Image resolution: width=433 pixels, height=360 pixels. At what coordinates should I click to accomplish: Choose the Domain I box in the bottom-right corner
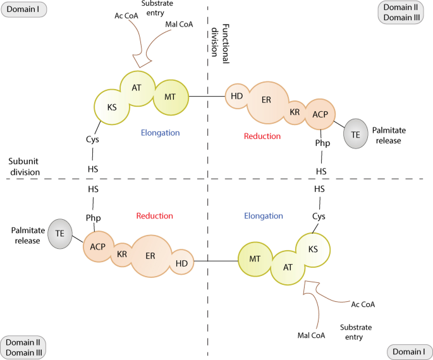408,349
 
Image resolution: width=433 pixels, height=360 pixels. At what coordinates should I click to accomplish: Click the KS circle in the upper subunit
113,107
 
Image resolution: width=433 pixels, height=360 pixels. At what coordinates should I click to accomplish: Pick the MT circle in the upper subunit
171,96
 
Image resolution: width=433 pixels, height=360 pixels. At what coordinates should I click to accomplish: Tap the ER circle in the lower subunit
150,255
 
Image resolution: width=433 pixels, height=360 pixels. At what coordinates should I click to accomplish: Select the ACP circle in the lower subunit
98,246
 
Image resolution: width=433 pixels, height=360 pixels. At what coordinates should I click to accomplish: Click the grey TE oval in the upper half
355,134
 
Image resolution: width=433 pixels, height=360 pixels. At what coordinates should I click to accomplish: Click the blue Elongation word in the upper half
161,133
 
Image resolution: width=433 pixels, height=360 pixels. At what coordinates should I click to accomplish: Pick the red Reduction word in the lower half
154,216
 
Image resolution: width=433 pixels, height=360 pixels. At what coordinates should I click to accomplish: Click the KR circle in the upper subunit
295,112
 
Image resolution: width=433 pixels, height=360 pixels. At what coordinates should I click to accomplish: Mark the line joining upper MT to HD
208,96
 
